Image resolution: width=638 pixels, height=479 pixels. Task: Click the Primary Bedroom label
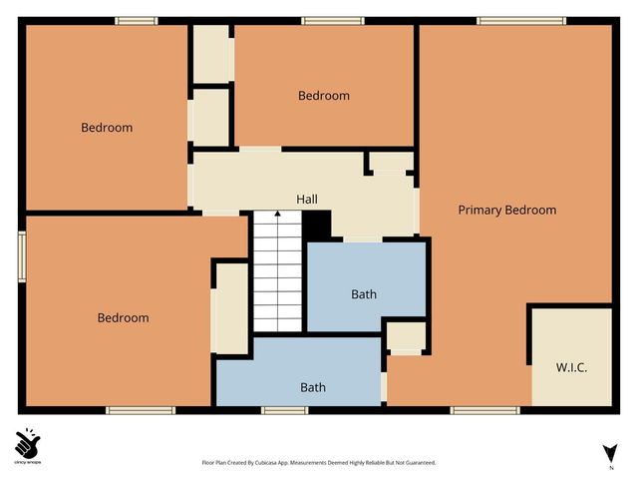tap(506, 210)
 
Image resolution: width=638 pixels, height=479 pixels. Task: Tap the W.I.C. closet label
tap(571, 367)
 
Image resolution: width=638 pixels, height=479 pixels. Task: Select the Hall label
tap(307, 199)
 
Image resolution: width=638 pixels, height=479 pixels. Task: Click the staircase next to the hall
tap(277, 271)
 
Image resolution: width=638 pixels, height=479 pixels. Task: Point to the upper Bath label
tap(364, 294)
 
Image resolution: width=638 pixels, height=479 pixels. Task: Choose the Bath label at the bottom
tap(313, 387)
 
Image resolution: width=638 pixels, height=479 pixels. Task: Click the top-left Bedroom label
tap(107, 128)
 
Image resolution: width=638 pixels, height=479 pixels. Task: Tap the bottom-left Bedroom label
tap(123, 317)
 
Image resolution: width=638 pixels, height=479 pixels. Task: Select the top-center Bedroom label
tap(324, 96)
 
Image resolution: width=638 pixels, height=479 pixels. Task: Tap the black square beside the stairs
tap(316, 225)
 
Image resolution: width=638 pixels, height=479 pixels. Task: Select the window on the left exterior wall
tap(21, 258)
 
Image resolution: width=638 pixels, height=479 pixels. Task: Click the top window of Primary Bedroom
tap(508, 21)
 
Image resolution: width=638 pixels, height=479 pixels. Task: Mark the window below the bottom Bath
tap(284, 409)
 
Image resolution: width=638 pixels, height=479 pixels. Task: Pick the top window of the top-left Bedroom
tap(136, 21)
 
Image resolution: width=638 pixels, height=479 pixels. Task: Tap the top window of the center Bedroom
tap(333, 21)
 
